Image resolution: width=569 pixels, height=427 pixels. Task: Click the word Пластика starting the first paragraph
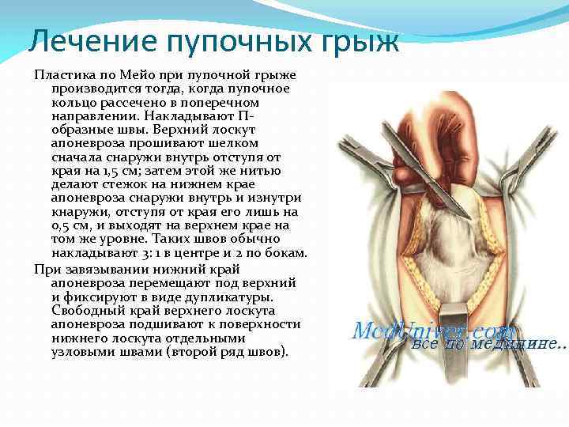(62, 75)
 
